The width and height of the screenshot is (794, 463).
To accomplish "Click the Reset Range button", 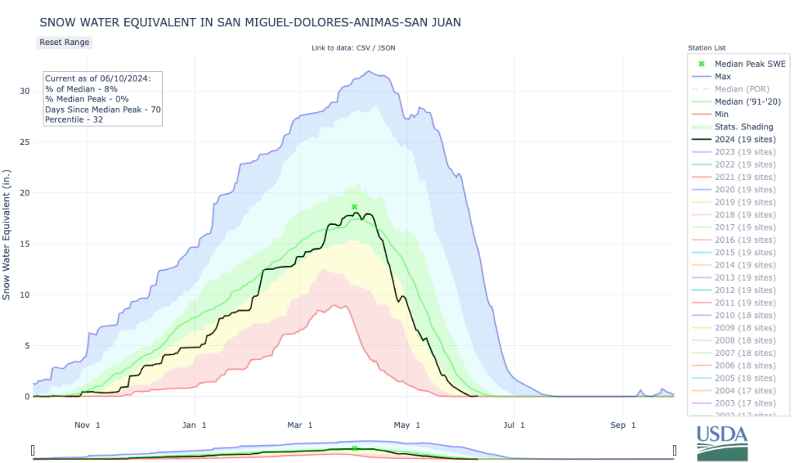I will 64,42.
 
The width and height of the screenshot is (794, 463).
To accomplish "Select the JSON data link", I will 387,49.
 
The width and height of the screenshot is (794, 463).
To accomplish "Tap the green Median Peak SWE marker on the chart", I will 354,207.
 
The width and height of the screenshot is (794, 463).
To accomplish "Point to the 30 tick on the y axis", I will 23,91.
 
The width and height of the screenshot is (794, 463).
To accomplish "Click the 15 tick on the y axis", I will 23,244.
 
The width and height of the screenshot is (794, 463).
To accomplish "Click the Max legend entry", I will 722,77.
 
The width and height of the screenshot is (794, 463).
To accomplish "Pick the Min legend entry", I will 722,114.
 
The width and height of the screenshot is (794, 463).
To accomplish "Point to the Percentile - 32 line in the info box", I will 75,119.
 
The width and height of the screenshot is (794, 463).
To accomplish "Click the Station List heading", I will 706,48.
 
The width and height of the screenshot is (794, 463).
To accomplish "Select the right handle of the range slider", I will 674,450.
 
